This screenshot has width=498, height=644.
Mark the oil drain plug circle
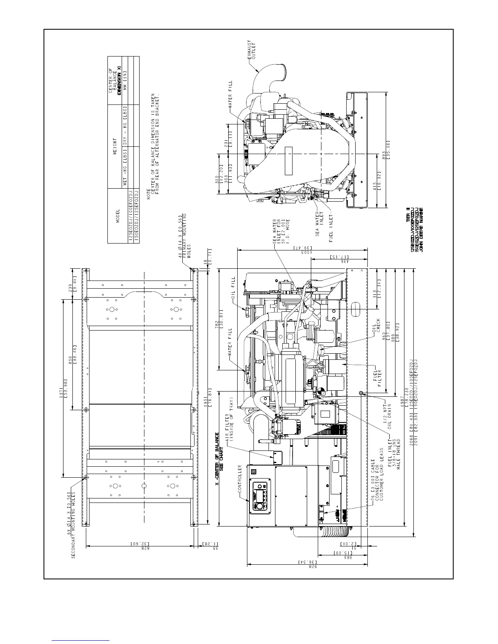(x=361, y=392)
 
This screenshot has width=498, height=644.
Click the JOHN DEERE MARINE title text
(x=422, y=230)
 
